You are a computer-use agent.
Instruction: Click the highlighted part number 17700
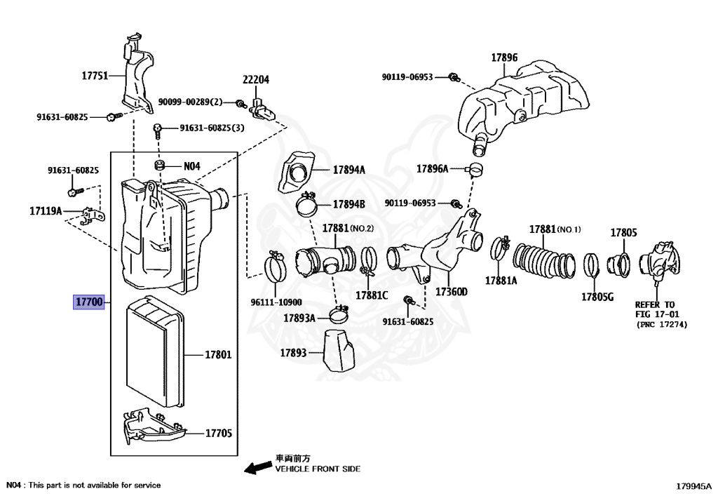tap(89, 303)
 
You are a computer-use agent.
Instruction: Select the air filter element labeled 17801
tap(155, 353)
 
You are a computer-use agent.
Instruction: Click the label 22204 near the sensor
tap(256, 80)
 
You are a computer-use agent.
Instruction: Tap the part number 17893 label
tap(294, 352)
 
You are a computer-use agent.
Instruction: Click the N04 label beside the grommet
tap(192, 166)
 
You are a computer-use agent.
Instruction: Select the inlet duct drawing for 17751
tap(137, 74)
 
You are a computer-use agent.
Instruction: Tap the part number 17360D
tap(452, 291)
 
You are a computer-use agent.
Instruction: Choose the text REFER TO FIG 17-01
tap(655, 309)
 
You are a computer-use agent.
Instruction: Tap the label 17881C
tap(371, 295)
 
